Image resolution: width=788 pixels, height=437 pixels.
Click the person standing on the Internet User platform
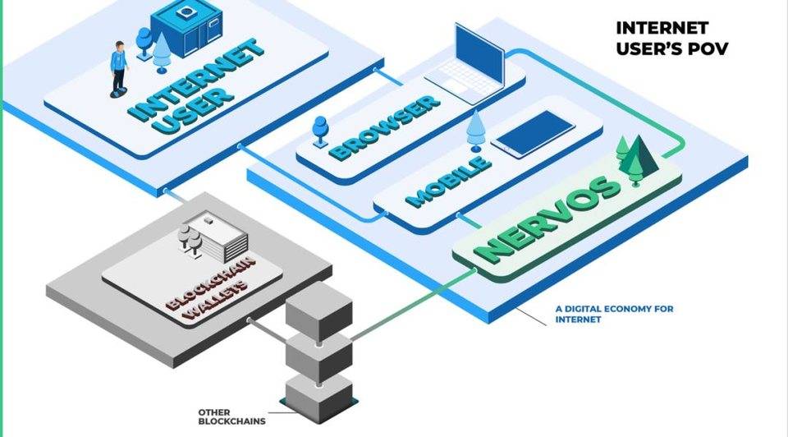coord(120,66)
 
